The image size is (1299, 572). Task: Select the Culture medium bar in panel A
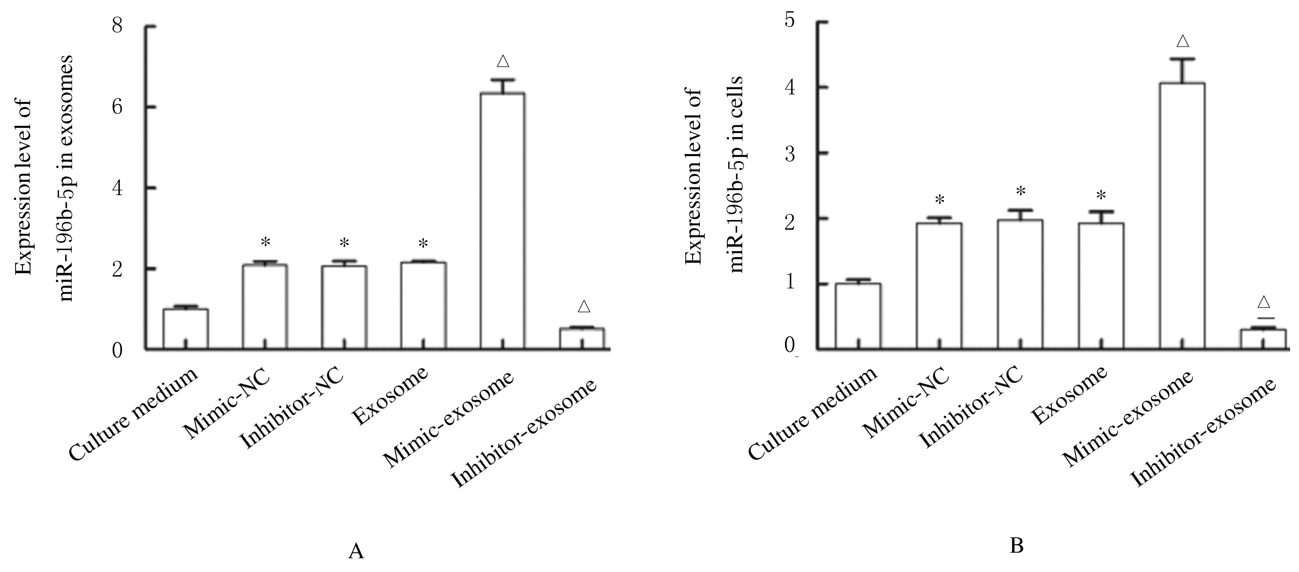coord(185,329)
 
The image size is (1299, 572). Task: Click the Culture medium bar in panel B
coord(858,316)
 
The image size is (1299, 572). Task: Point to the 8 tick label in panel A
coord(117,25)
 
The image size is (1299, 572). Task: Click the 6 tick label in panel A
coord(117,107)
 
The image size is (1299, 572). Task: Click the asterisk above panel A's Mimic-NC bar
coord(265,243)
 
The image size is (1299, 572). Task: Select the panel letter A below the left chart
coord(356,551)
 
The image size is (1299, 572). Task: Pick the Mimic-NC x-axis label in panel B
coord(906,404)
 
